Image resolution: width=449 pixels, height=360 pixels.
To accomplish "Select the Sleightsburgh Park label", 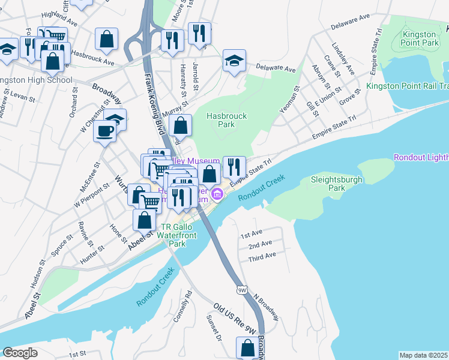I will pyautogui.click(x=328, y=183).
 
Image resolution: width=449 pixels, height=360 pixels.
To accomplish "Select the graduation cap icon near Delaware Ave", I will pyautogui.click(x=234, y=60).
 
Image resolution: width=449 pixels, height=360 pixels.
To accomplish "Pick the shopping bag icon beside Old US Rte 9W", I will pyautogui.click(x=247, y=348).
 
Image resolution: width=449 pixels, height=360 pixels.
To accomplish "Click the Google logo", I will pyautogui.click(x=20, y=353).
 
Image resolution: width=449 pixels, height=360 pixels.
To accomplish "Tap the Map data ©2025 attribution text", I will pyautogui.click(x=423, y=355).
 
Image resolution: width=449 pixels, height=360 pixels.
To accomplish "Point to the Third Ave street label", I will pyautogui.click(x=262, y=257).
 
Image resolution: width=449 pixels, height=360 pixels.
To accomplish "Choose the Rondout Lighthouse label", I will pyautogui.click(x=421, y=157).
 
